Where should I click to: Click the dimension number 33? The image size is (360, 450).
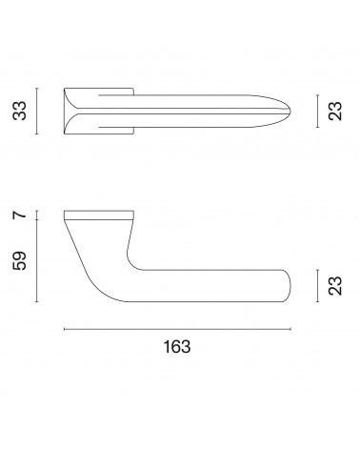19,111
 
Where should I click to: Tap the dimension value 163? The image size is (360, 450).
177,346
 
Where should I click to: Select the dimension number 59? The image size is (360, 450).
19,260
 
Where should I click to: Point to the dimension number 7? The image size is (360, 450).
19,215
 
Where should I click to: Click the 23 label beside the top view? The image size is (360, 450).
335,111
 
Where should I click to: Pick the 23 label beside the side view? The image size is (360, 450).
335,286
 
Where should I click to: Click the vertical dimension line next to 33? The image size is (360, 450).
37,111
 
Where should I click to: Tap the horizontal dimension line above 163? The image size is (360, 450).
177,329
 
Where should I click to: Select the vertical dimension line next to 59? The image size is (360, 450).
37,260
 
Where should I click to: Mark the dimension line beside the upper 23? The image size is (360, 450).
317,111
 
